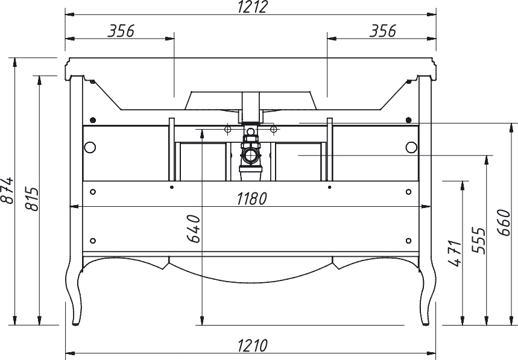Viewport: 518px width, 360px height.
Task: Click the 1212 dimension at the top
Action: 252,7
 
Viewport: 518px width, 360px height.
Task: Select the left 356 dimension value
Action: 121,31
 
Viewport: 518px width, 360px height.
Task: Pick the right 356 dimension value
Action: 382,31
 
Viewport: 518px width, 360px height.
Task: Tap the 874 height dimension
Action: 7,190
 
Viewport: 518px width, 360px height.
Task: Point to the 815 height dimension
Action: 33,199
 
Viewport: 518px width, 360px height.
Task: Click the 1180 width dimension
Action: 251,199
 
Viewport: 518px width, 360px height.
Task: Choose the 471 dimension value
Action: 455,253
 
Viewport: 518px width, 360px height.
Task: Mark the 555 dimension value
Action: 478,240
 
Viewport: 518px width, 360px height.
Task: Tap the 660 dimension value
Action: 504,223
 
